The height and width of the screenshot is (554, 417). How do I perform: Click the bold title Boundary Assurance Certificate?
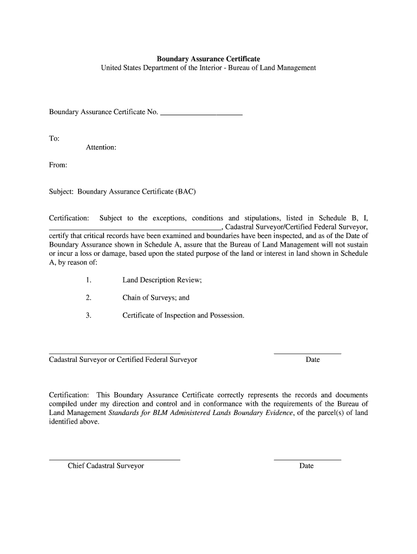[208, 58]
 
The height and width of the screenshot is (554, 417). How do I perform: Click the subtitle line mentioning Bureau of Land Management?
[208, 68]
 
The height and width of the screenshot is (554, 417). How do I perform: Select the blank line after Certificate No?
[201, 115]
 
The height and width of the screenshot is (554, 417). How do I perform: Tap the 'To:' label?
[54, 138]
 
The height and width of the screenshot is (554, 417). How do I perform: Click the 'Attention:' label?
[101, 147]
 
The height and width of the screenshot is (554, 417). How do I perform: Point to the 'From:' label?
[58, 165]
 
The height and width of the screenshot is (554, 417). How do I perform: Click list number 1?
[88, 280]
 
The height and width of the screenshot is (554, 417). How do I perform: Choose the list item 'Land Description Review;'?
[162, 280]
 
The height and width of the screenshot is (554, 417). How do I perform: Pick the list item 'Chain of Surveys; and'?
[156, 298]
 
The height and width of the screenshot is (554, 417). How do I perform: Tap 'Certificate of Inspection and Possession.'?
[183, 315]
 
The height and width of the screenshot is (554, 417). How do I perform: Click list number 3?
[88, 315]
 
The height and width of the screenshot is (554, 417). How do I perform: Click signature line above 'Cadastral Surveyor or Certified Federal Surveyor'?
[114, 353]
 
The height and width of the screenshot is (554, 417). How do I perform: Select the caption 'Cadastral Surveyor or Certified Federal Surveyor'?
[123, 360]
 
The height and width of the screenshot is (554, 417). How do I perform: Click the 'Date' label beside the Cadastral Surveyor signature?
[312, 360]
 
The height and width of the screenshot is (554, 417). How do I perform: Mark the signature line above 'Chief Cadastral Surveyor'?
[114, 459]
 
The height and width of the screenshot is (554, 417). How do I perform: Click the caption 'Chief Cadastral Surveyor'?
[106, 466]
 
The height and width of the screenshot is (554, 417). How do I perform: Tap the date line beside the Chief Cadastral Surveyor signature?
[307, 459]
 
